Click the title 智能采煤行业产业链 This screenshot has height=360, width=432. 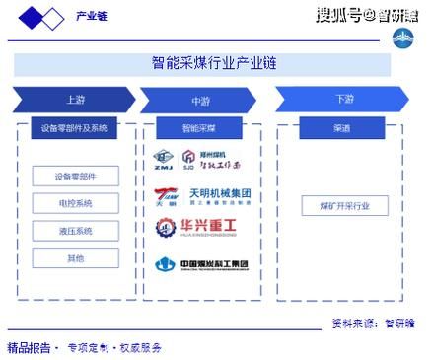click(214, 63)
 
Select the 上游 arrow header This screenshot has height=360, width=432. click(74, 100)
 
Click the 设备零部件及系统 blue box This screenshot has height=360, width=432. click(75, 129)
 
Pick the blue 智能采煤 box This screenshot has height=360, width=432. click(201, 129)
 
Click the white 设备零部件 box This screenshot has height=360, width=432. click(75, 177)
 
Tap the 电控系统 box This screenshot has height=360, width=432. click(75, 203)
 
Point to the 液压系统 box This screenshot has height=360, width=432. click(75, 231)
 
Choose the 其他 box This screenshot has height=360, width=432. click(75, 257)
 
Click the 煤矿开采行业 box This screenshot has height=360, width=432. click(344, 206)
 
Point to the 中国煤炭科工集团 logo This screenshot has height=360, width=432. click(202, 263)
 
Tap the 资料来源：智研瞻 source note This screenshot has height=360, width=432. click(372, 323)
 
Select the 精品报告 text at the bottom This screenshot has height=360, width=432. click(29, 348)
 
